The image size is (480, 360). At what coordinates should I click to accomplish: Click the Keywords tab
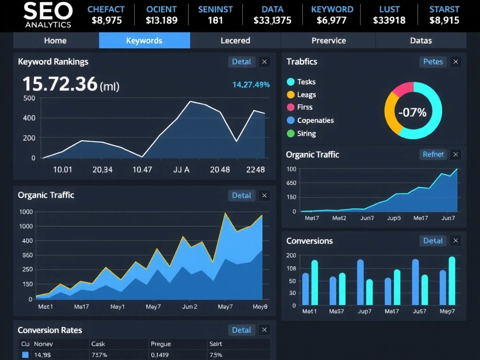click(144, 40)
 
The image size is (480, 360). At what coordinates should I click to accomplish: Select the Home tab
click(55, 40)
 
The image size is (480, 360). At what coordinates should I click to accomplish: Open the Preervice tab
click(329, 40)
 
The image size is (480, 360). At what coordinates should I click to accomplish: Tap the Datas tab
click(420, 40)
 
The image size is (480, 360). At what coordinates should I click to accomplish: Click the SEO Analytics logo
click(48, 15)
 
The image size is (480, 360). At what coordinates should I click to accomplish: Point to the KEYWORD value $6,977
click(332, 20)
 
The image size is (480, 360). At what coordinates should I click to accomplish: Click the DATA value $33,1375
click(272, 20)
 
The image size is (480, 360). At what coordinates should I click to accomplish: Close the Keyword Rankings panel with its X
click(264, 61)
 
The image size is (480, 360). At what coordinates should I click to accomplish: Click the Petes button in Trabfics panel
click(433, 61)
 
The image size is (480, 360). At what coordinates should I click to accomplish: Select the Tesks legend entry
click(306, 82)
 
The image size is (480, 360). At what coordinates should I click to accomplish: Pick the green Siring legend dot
click(291, 134)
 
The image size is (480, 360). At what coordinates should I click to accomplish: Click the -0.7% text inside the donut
click(412, 112)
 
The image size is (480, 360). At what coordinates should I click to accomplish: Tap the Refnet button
click(433, 154)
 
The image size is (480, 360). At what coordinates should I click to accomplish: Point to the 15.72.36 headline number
click(60, 84)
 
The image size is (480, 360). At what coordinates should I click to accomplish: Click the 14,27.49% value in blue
click(251, 84)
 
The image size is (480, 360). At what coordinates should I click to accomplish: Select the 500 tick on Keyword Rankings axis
click(29, 98)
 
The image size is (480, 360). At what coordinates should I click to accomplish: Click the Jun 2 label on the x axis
click(189, 307)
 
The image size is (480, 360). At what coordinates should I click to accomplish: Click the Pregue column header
click(161, 344)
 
